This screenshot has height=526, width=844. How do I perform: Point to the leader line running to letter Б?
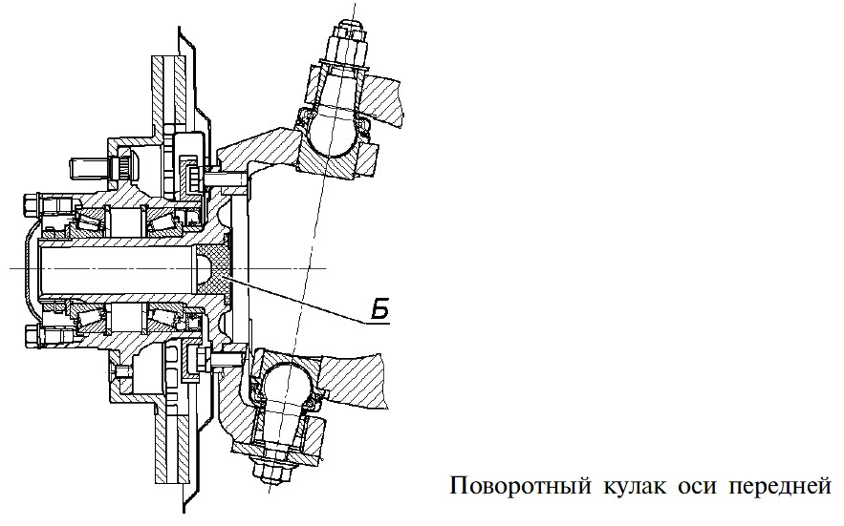[x=306, y=301]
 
